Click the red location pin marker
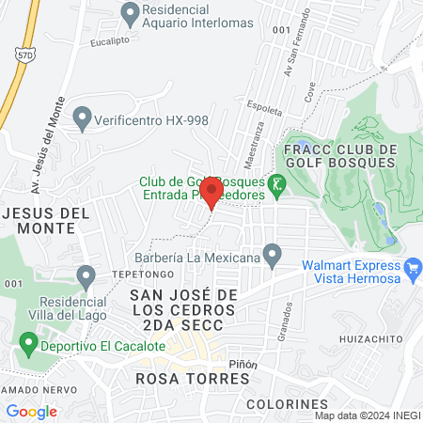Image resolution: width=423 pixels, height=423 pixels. (212, 192)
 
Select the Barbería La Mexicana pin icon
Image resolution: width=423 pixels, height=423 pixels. (273, 255)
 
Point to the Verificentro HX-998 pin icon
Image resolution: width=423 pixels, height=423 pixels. (82, 119)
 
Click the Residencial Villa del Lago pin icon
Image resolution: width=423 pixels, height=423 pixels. (86, 277)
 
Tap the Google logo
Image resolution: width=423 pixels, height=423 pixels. (32, 411)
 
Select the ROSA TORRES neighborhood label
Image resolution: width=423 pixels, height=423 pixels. (192, 378)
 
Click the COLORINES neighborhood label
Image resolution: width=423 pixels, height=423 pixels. (287, 403)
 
